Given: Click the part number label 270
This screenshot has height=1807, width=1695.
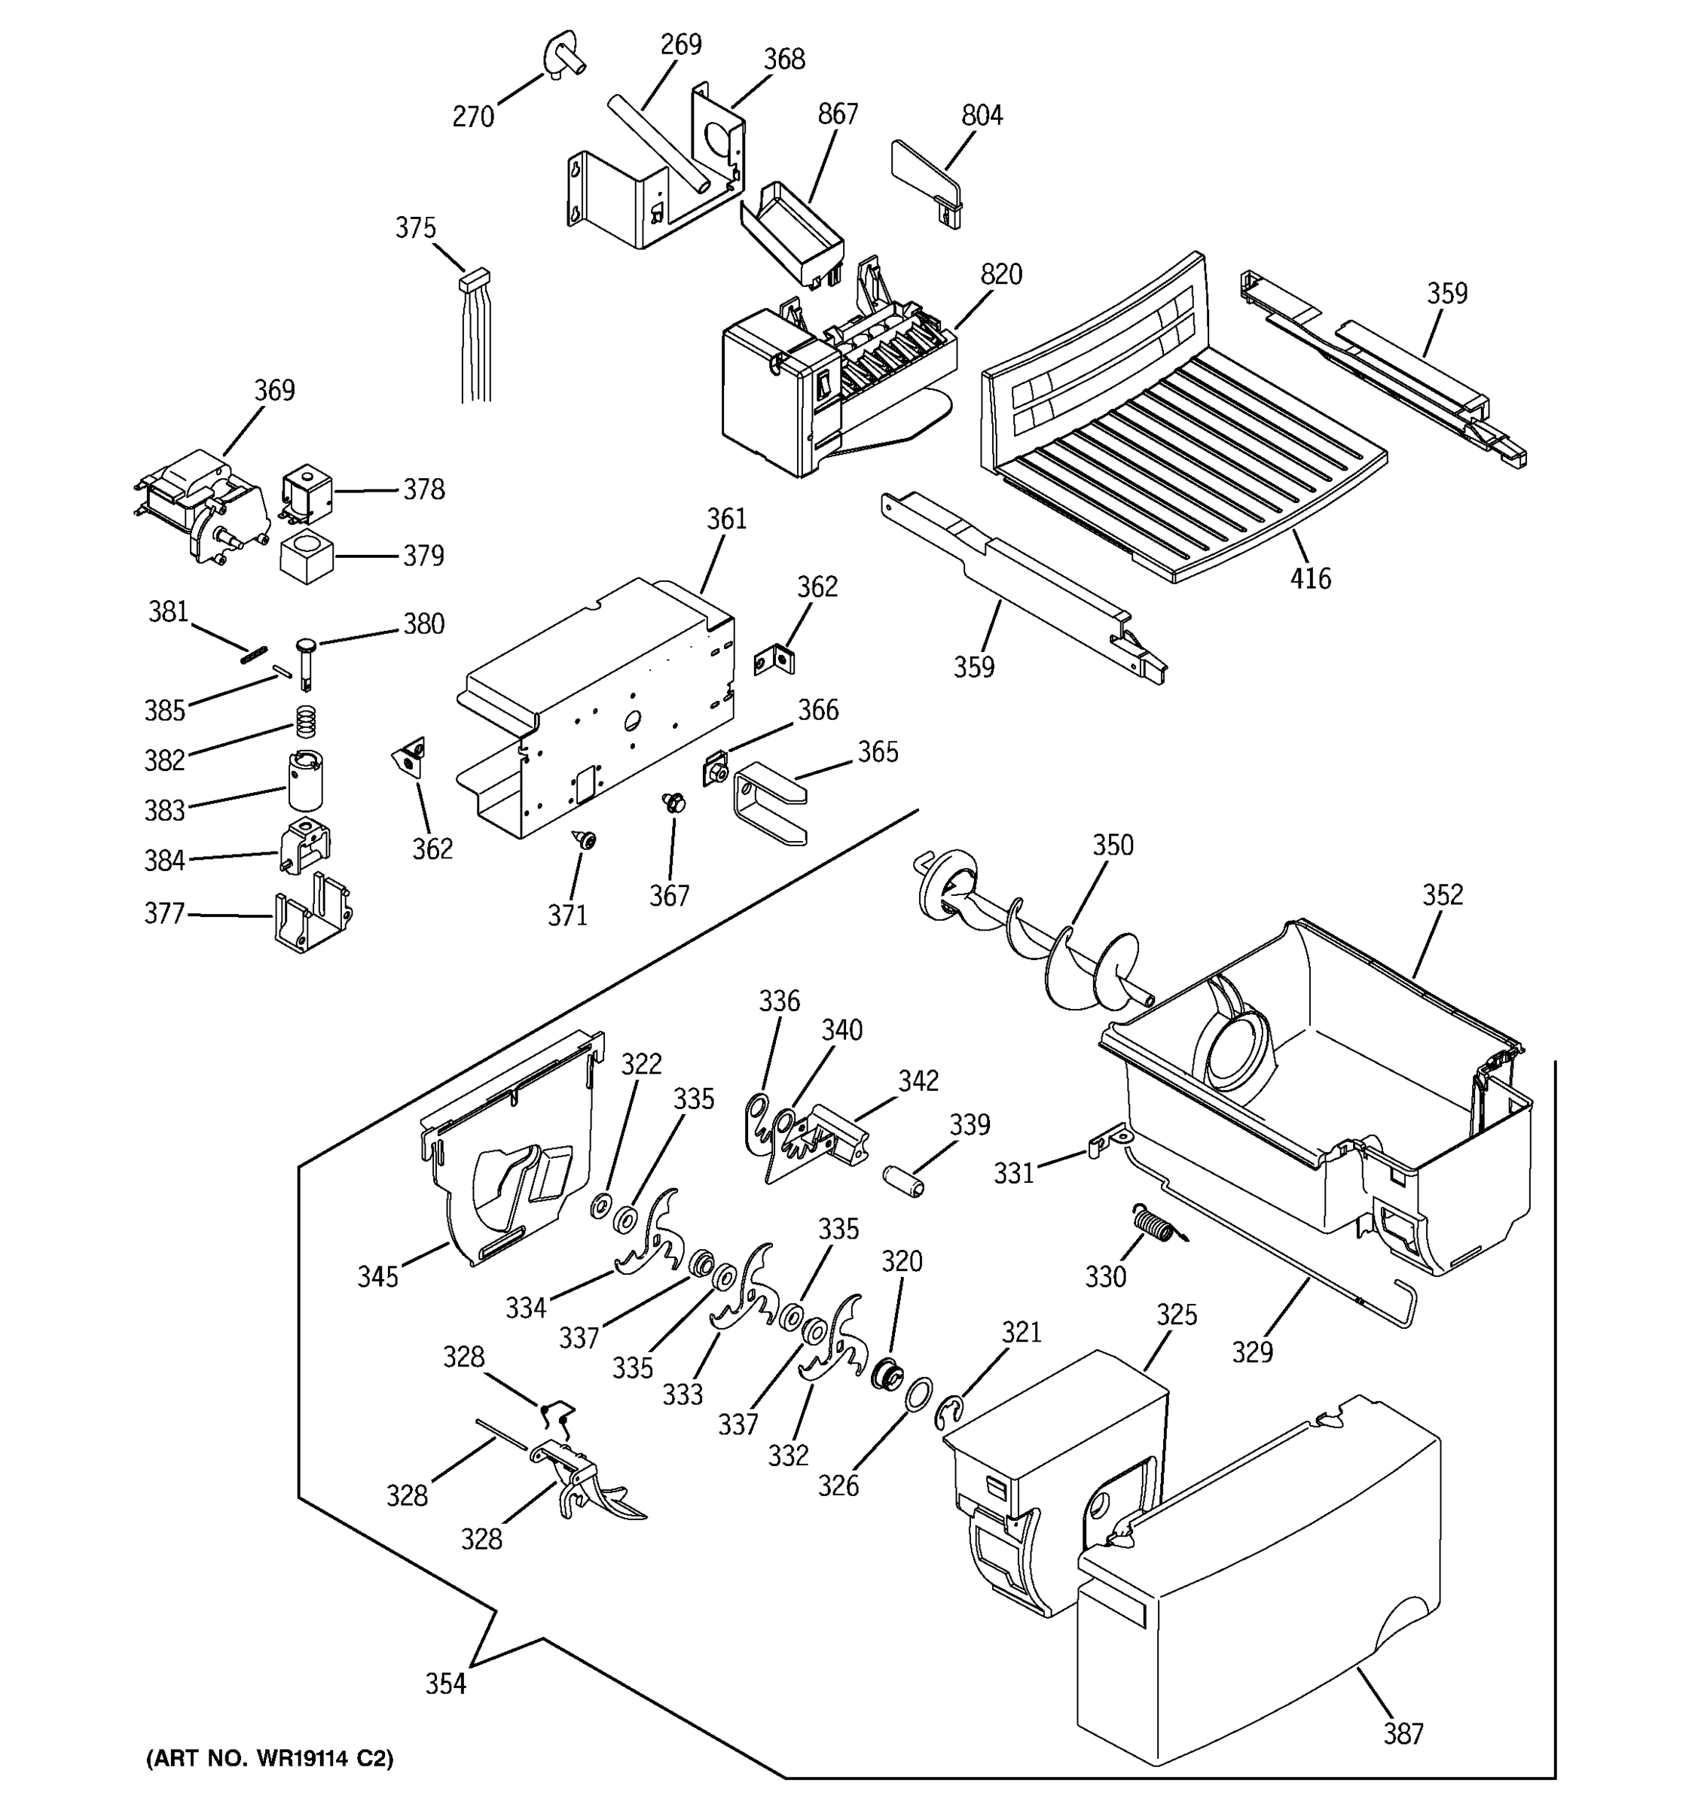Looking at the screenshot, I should coord(473,117).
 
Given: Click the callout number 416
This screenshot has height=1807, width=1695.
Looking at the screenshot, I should coord(1309,578).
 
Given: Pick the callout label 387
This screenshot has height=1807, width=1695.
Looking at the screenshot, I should coord(1403,1734).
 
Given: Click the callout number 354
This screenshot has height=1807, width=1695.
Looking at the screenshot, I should coord(444,1684).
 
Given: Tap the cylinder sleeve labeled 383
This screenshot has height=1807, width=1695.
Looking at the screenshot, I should coord(306,780).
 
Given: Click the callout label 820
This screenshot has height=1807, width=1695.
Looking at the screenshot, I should coord(1000,275).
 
